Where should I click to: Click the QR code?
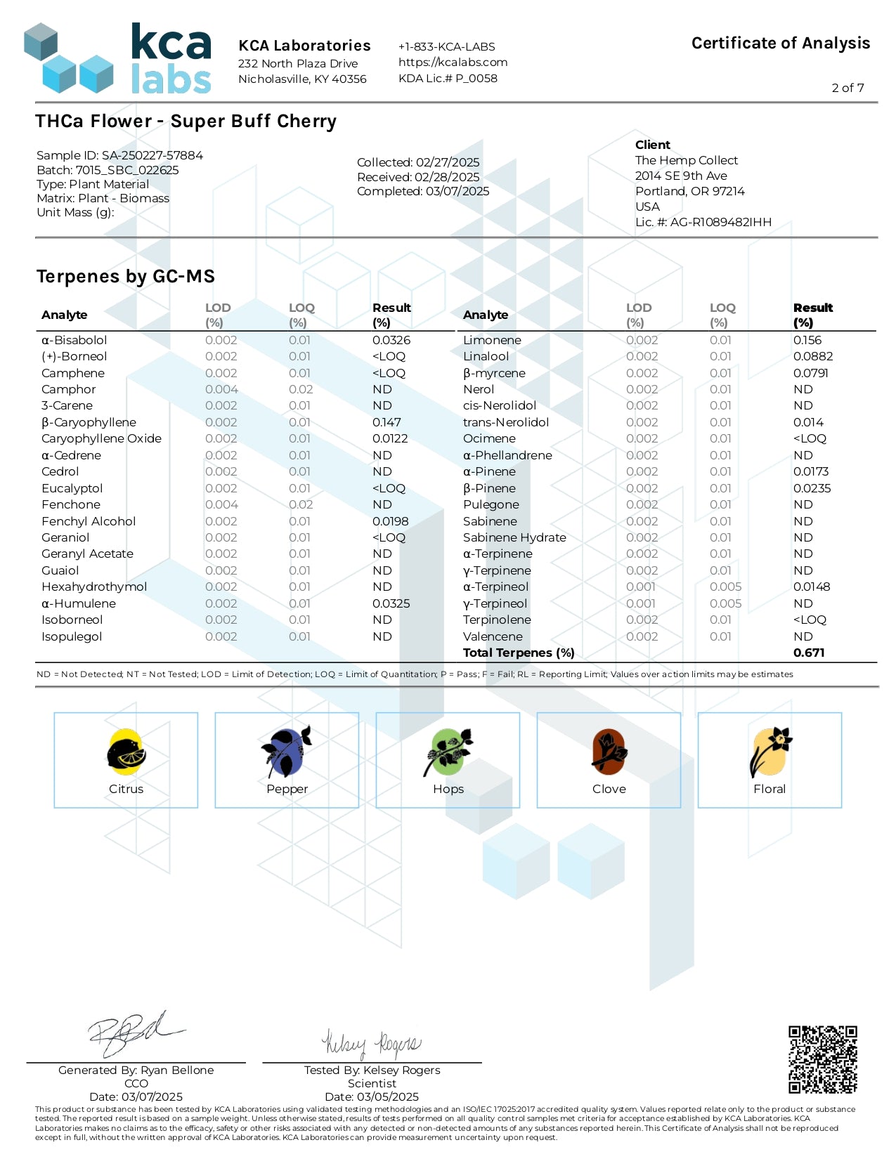tap(822, 1059)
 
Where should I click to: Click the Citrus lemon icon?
tap(126, 752)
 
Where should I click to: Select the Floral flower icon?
tap(770, 751)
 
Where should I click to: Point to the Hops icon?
tap(448, 752)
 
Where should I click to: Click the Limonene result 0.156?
tap(807, 340)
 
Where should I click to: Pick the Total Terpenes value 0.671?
tap(809, 653)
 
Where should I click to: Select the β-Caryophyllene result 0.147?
tap(387, 422)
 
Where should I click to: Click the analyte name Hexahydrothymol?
tap(94, 587)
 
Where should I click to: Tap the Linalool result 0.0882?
tap(812, 356)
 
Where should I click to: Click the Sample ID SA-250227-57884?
tap(152, 155)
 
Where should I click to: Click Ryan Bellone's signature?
tap(134, 1033)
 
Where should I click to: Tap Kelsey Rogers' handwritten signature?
tap(371, 1044)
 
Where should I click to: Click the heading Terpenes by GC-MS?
tap(126, 276)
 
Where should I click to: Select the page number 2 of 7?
tap(848, 88)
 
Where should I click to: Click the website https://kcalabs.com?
tap(453, 62)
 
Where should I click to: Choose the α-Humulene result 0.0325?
tap(391, 603)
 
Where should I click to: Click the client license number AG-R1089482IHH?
tap(720, 222)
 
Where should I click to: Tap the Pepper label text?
tap(287, 789)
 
